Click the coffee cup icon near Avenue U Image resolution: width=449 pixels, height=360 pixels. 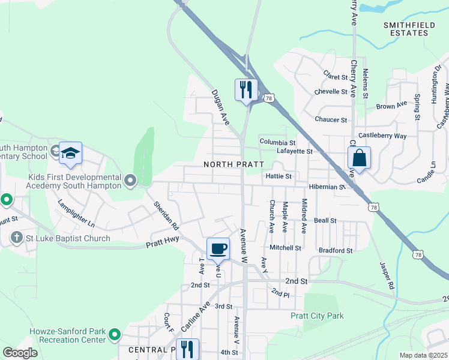218,248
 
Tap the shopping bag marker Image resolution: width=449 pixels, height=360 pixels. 359,158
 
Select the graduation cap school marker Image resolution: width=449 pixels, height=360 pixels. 70,153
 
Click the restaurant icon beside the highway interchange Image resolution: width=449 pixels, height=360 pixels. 246,90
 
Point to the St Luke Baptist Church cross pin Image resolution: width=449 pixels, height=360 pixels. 16,238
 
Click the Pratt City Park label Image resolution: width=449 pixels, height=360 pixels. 317,316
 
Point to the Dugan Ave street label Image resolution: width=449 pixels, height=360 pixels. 220,107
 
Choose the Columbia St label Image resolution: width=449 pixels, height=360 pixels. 277,142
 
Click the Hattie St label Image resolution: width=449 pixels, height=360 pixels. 278,176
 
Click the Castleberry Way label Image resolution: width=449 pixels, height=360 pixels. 382,136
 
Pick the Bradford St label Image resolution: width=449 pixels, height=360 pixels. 336,250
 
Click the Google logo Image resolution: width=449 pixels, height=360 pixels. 20,353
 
